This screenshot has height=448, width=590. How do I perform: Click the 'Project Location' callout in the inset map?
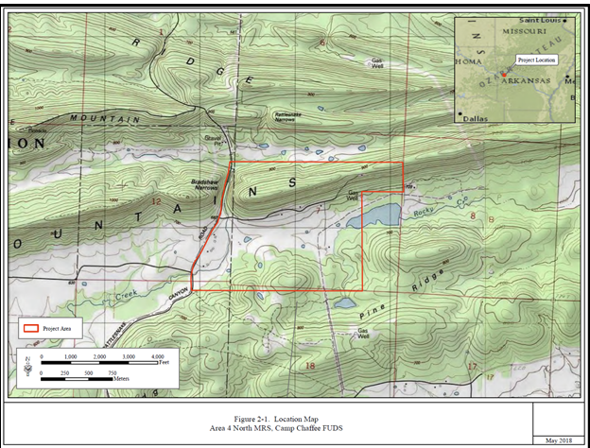(x=536, y=59)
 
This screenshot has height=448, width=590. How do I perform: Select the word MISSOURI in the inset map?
(x=518, y=30)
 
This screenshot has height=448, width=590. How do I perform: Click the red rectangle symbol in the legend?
(x=31, y=328)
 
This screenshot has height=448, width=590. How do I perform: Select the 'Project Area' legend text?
(x=59, y=328)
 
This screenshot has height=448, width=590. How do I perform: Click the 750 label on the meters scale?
(x=111, y=373)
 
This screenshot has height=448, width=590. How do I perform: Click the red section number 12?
(x=157, y=201)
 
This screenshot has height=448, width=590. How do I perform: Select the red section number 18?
(x=308, y=365)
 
